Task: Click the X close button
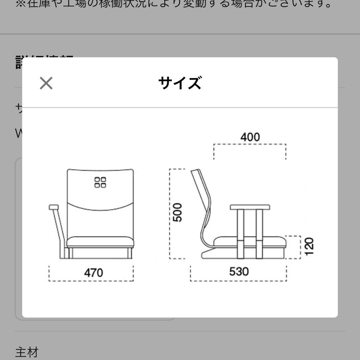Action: coord(46,83)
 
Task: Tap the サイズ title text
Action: coord(180,83)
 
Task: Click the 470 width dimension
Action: coord(93,273)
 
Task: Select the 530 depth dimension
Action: coord(239,272)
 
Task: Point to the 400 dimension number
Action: coord(250,137)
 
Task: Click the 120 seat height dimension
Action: coord(309,246)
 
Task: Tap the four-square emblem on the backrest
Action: coord(100,182)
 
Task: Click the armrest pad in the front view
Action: coord(54,207)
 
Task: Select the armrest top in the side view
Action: coord(250,207)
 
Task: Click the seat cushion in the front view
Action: coord(100,241)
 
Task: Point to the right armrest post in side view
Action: coord(259,233)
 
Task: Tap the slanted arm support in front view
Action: coord(60,230)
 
